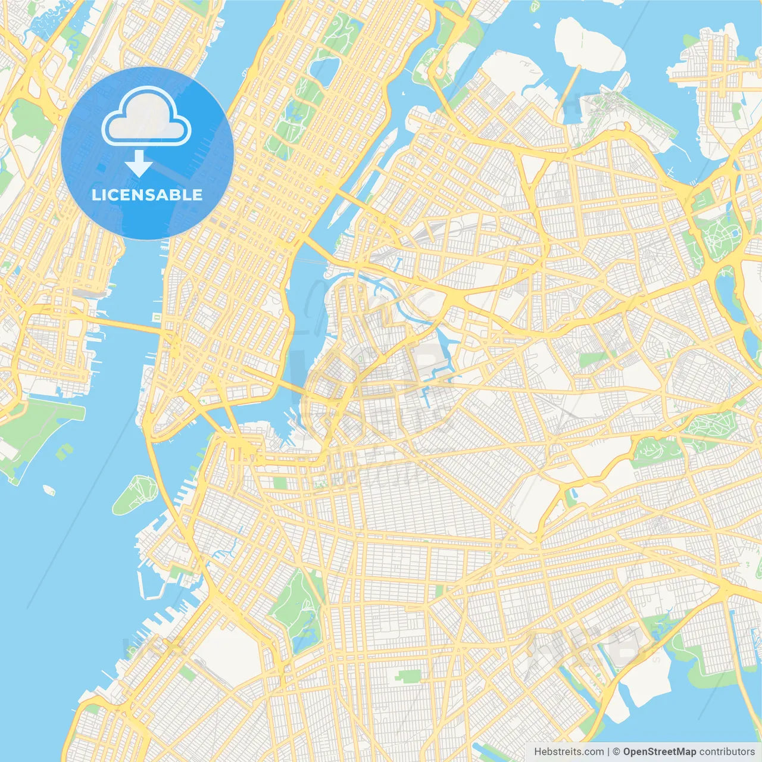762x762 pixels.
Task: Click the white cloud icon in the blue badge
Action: coord(146,117)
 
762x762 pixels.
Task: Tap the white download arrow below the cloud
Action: coord(139,164)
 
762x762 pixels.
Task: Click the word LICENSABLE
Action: coord(147,195)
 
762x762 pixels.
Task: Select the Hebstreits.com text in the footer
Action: coord(569,752)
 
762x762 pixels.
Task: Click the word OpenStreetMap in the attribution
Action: coord(659,752)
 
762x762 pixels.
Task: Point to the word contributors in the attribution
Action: coord(726,752)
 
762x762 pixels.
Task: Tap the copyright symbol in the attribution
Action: coord(616,752)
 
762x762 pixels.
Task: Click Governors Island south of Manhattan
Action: coord(135,494)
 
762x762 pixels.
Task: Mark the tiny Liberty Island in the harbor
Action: coord(49,490)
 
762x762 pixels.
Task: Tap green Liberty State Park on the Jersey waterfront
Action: coord(36,429)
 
